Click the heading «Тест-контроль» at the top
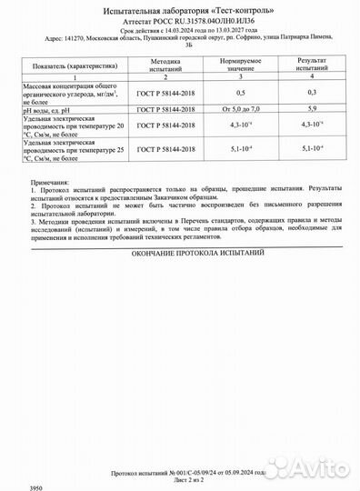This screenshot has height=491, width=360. (x=237, y=8)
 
